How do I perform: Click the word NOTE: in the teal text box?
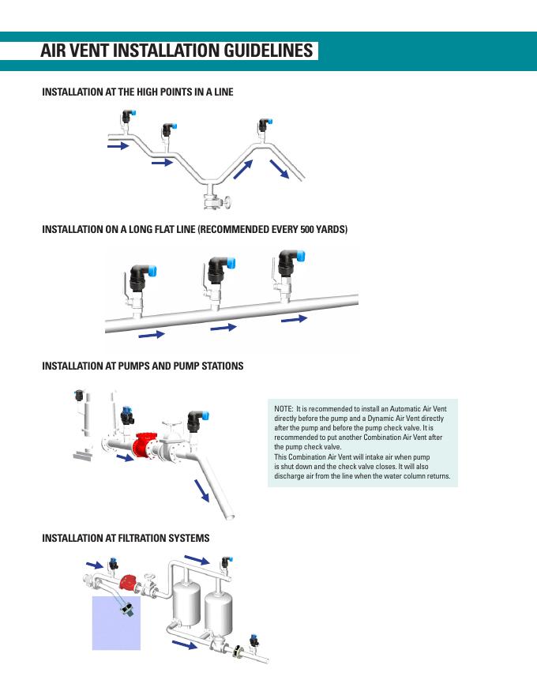tap(283, 408)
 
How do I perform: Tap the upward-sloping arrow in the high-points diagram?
tap(242, 168)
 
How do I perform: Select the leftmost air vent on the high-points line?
tap(126, 118)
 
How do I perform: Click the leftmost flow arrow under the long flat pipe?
tap(152, 335)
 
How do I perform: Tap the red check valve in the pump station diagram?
tap(145, 447)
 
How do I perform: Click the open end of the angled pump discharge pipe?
tap(229, 517)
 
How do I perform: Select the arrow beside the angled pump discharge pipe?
tap(202, 490)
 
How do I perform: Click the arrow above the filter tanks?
tap(197, 561)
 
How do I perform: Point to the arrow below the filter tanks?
tap(185, 645)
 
